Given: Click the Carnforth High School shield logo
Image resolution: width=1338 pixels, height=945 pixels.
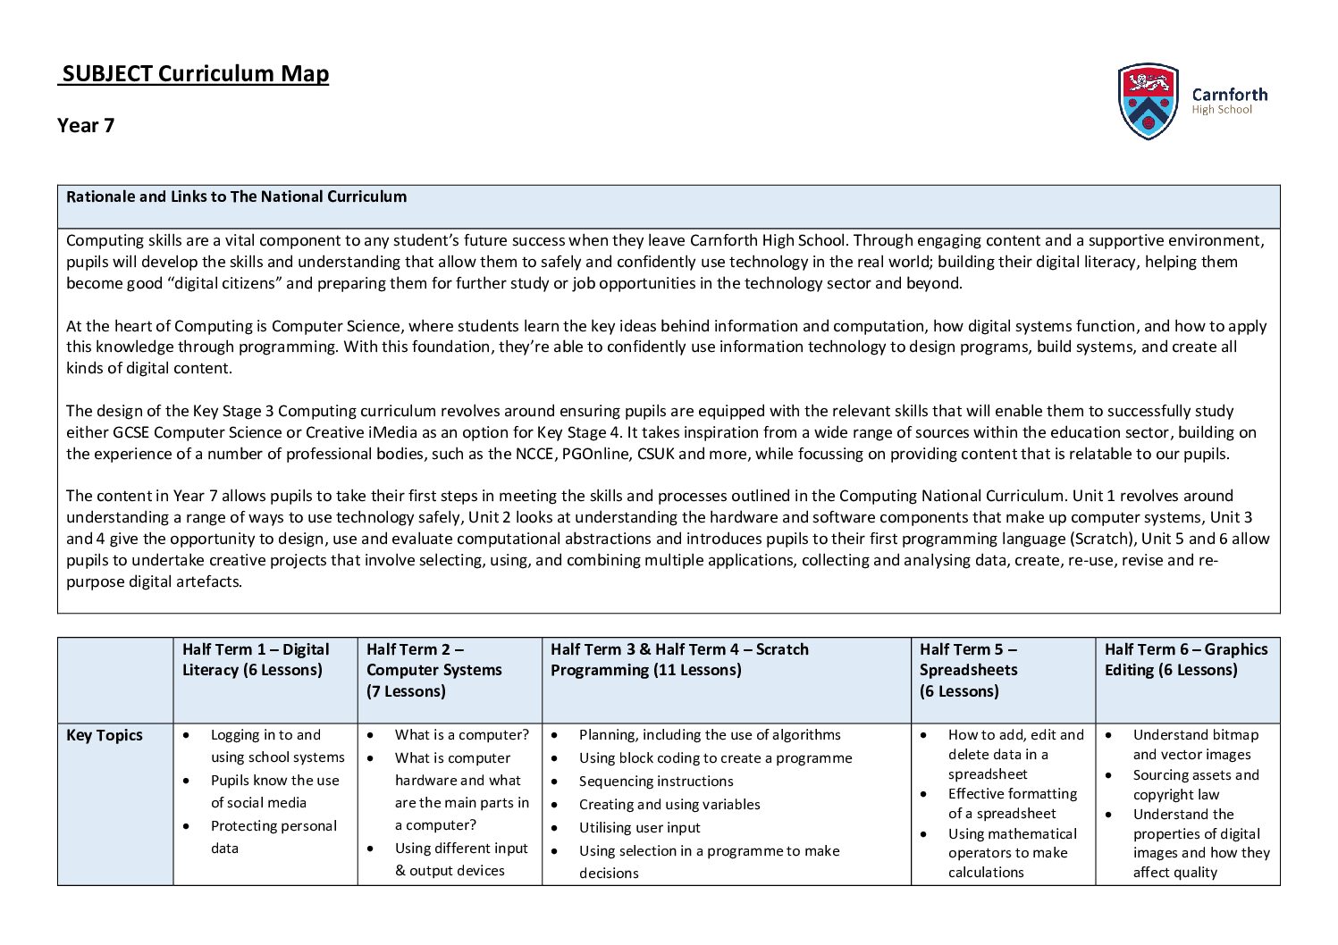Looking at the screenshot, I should [1148, 101].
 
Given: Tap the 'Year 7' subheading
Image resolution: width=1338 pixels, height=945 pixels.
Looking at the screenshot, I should [86, 125].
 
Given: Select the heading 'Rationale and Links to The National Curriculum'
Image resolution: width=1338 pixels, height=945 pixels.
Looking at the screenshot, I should [236, 197].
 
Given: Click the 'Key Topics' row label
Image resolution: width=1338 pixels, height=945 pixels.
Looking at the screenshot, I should [105, 735].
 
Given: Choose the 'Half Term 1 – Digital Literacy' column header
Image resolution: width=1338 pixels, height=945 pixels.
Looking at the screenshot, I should [256, 659].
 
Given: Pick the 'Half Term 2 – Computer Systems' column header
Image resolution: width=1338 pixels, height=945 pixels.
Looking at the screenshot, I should [434, 669].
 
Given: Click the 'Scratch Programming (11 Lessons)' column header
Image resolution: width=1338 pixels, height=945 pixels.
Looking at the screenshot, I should [679, 659].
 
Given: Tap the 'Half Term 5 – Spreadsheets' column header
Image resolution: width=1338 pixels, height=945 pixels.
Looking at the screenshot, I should [969, 669].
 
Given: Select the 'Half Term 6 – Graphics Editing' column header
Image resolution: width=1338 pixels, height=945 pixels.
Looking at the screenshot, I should [1186, 659].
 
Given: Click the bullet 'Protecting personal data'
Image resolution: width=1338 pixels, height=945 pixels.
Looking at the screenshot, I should [273, 837].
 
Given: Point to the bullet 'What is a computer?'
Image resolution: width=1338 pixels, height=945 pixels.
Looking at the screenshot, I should [461, 735].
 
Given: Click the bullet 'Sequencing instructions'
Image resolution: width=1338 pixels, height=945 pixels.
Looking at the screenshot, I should [656, 782].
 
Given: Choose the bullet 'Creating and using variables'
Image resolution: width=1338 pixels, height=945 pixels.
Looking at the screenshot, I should [669, 805].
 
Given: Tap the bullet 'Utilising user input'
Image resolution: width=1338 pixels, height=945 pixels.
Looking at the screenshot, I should [639, 828].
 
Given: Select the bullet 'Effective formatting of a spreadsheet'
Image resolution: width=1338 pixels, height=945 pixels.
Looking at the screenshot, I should [1012, 804].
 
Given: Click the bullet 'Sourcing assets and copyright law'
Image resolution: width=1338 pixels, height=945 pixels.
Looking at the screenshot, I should [1195, 785].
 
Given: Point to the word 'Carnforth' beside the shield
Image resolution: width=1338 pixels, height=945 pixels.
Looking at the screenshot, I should [1230, 94].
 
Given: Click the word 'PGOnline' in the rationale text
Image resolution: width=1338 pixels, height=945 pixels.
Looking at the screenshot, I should [595, 454].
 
